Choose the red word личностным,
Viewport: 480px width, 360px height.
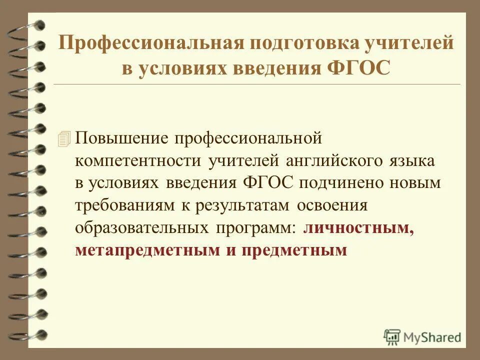[x=359, y=227]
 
